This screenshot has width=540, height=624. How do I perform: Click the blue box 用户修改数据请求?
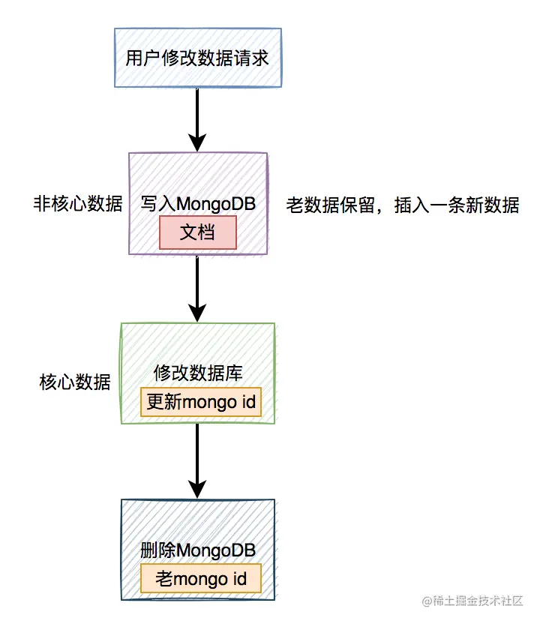[197, 58]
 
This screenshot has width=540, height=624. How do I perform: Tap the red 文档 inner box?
[198, 232]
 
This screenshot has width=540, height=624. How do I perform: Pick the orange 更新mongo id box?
[201, 403]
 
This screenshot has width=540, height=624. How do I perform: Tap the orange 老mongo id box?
[201, 579]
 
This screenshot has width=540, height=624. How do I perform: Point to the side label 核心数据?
[75, 382]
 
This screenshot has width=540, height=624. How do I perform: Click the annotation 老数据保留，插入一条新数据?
[403, 205]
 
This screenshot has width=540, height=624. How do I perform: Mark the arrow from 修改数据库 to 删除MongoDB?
[197, 457]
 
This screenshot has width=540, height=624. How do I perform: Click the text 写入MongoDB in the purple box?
[198, 203]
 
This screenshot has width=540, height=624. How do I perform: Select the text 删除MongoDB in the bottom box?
[198, 550]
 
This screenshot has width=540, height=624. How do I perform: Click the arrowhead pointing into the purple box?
[197, 142]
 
